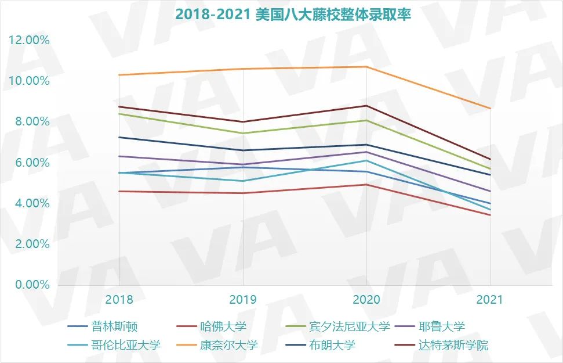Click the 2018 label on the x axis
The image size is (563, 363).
[x=119, y=300]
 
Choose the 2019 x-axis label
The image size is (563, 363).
[x=243, y=300]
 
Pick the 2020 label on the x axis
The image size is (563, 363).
[x=366, y=300]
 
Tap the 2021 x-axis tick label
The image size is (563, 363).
[x=490, y=300]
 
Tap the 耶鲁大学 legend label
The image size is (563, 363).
[x=441, y=326]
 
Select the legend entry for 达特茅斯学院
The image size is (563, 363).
[x=453, y=345]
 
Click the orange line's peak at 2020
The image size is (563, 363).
[x=366, y=67]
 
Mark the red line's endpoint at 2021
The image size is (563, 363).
[x=491, y=215]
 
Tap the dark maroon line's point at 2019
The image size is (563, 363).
[x=243, y=122]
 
